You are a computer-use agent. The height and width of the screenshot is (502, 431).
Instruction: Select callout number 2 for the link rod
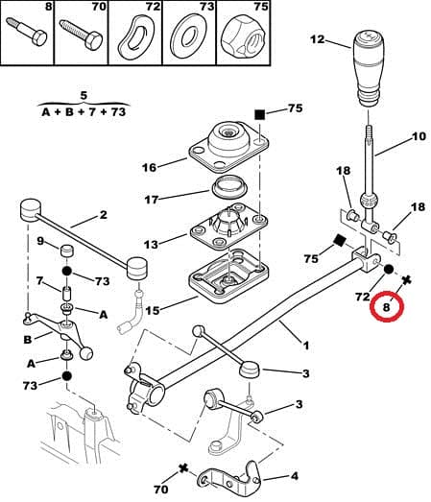point(103,216)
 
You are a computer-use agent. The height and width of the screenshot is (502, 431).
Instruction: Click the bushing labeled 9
point(68,252)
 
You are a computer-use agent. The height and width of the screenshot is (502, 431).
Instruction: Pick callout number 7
point(40,280)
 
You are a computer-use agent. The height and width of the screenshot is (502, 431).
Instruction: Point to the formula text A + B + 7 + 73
point(84,110)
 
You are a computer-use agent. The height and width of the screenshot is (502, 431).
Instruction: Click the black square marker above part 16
point(259,114)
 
